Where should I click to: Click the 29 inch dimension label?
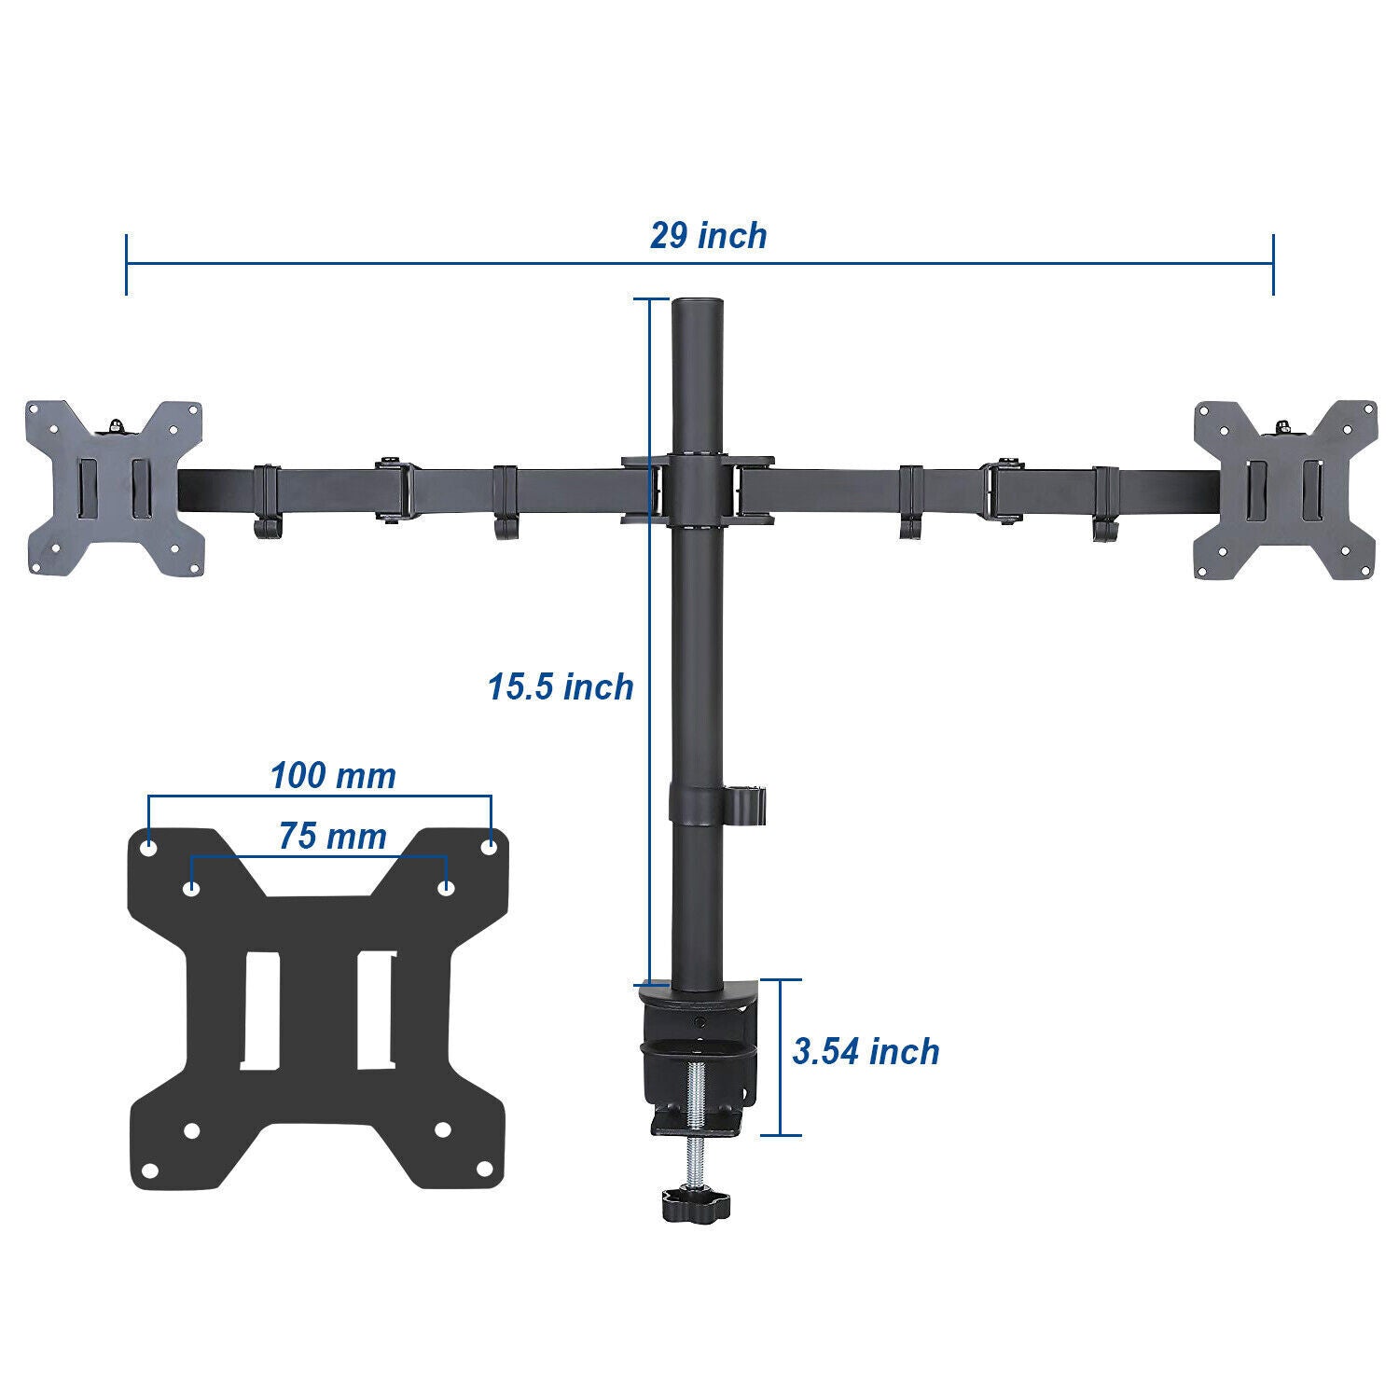(x=708, y=236)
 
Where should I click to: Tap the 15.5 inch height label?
(x=560, y=687)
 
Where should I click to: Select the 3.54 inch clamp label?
(x=866, y=1051)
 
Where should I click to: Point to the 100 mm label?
(x=333, y=775)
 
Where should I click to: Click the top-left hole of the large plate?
(x=149, y=849)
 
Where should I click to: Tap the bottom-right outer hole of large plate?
(x=484, y=1168)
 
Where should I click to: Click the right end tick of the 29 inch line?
(x=1273, y=265)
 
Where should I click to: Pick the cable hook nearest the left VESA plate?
(x=266, y=504)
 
